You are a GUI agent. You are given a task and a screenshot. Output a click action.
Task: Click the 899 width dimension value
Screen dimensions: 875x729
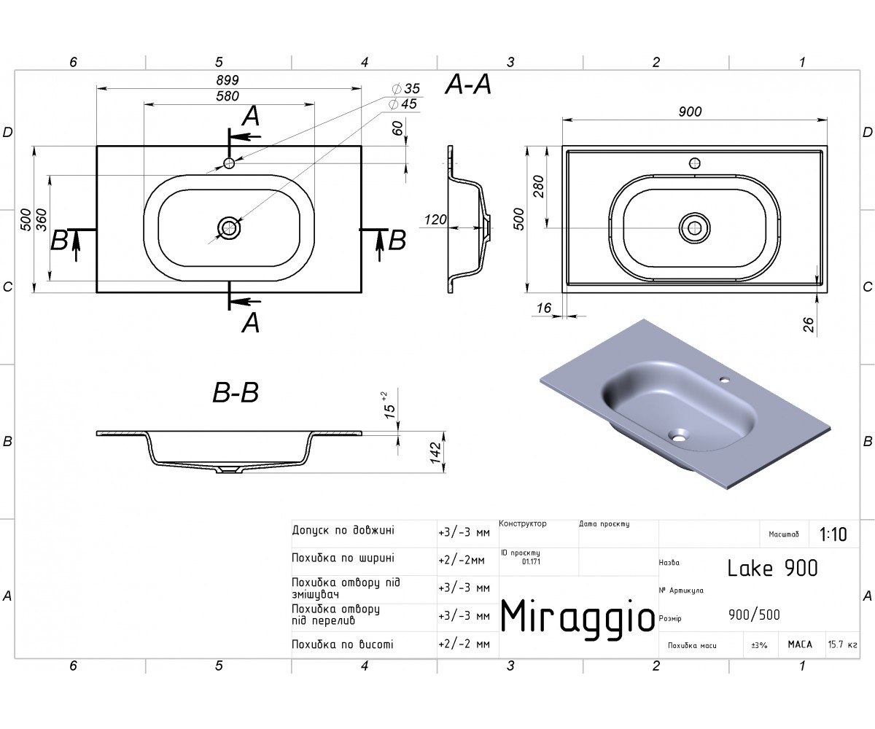pyautogui.click(x=227, y=79)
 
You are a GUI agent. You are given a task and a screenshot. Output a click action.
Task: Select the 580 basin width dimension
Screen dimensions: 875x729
pyautogui.click(x=227, y=96)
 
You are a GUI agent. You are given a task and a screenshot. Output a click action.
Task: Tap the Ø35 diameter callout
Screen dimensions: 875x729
pyautogui.click(x=405, y=88)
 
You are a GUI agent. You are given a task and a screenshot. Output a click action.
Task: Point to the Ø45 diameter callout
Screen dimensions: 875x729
pyautogui.click(x=402, y=104)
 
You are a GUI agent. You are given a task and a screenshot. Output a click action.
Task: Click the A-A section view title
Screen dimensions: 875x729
pyautogui.click(x=468, y=85)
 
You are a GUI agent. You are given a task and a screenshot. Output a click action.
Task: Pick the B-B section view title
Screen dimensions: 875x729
pyautogui.click(x=236, y=393)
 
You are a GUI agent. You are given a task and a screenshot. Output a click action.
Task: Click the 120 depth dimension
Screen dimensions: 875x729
pyautogui.click(x=435, y=219)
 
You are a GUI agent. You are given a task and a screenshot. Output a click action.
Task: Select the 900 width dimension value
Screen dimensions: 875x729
pyautogui.click(x=691, y=112)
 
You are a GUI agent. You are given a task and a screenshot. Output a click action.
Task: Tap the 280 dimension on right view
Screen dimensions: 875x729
pyautogui.click(x=539, y=187)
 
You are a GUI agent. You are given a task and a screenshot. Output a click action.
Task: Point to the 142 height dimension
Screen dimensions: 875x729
pyautogui.click(x=436, y=453)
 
